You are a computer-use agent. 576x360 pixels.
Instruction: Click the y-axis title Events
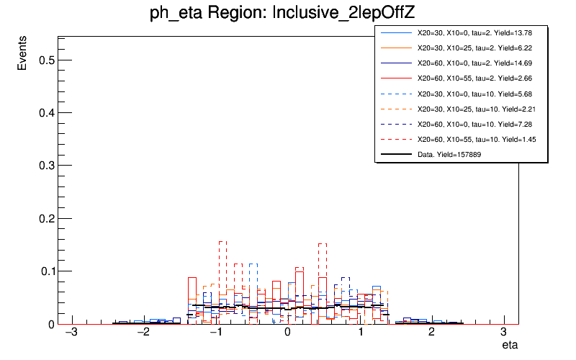(23, 55)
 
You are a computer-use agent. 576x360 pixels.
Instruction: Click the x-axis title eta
(510, 346)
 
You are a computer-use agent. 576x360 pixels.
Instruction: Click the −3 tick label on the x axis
(71, 333)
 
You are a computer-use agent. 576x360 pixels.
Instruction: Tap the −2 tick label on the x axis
(143, 333)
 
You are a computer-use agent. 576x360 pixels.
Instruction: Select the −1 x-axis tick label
(215, 333)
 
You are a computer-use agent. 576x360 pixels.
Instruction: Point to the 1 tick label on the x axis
(360, 333)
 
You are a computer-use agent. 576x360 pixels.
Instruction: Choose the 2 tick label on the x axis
(432, 333)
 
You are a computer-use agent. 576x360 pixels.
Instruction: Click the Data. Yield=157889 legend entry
(460, 154)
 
